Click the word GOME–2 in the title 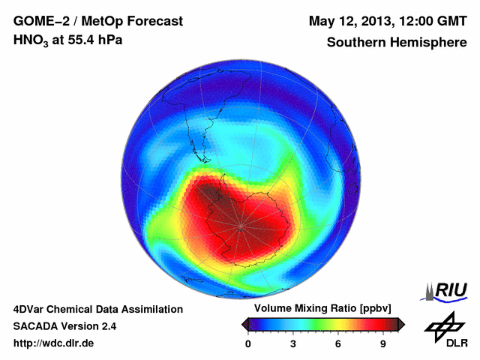pos(40,20)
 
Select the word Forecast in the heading pos(154,20)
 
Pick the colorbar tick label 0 pos(248,344)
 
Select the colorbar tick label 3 pos(293,344)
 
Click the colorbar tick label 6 pos(338,344)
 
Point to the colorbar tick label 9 pos(382,344)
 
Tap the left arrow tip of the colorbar pos(243,324)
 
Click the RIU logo pos(446,290)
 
